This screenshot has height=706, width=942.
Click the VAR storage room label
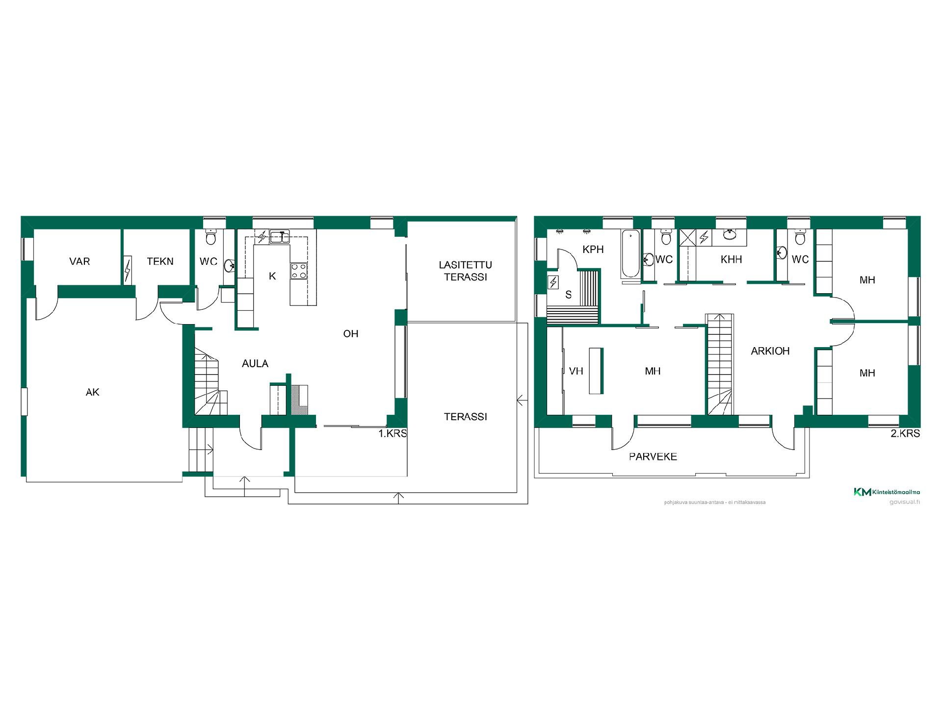coord(79,261)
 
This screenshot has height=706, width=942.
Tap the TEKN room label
coord(160,261)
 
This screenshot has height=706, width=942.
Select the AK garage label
coord(93,392)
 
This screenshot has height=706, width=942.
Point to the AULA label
coord(255,364)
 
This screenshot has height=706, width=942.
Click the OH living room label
coord(351,334)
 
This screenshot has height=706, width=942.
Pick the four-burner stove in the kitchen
coord(299,271)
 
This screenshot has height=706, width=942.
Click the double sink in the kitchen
coord(278,237)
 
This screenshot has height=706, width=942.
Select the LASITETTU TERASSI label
coord(465,271)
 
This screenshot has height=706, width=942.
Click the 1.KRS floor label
coord(392,434)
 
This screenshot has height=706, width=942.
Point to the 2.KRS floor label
coord(905,434)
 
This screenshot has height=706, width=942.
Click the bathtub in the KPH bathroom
coord(630,254)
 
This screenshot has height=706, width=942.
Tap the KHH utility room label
coord(731,259)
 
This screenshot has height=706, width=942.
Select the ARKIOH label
coord(770,351)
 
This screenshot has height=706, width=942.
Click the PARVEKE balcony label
coord(653,457)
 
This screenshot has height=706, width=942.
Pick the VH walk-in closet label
coord(576,371)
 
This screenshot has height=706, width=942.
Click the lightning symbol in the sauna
coord(553,282)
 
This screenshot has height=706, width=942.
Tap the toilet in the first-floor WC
coord(211,238)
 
